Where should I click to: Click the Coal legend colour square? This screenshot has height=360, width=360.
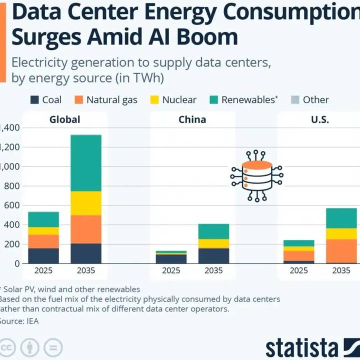click(35, 99)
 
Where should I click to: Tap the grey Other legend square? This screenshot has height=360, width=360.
click(295, 99)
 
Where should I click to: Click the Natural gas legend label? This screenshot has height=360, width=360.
click(111, 99)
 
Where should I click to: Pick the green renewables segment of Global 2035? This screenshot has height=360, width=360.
click(86, 163)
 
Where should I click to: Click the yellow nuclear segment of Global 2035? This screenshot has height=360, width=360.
click(86, 203)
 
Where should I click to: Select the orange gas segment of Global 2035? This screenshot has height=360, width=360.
click(86, 229)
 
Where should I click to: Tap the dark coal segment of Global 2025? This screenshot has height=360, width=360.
click(43, 255)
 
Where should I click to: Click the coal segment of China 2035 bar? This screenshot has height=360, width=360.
click(213, 255)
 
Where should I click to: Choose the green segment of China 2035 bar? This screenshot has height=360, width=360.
click(213, 231)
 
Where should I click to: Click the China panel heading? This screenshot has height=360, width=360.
click(192, 120)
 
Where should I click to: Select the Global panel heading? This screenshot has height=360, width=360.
click(64, 120)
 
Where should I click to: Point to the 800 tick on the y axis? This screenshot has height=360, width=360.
click(10, 186)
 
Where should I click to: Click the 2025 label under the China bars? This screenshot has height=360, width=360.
click(171, 270)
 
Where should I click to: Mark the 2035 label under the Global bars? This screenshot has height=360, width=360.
click(86, 270)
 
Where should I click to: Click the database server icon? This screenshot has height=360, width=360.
click(256, 175)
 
